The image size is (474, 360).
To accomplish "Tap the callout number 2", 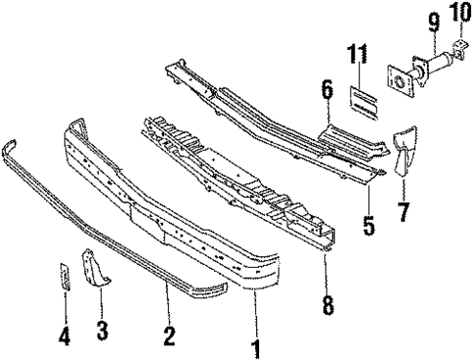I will pos(169,336).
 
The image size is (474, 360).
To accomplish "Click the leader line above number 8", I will pos(326,274).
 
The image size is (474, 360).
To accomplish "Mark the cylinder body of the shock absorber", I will pos(434,62).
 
